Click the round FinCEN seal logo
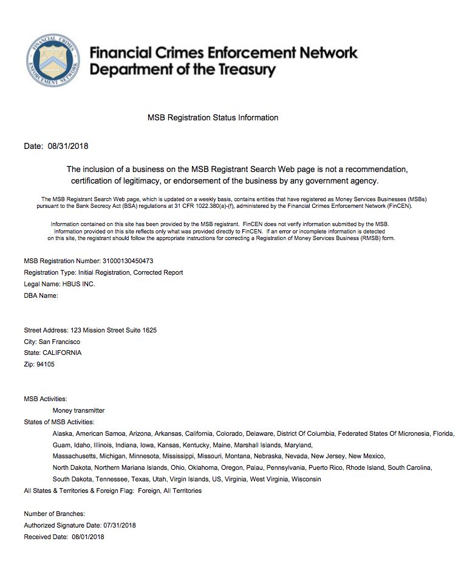point(53,60)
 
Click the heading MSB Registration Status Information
point(213,117)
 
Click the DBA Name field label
point(41,295)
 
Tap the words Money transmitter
point(78,410)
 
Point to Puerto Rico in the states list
point(327,467)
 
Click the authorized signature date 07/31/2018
point(120,525)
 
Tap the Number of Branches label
point(54,514)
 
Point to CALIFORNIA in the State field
point(61,353)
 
